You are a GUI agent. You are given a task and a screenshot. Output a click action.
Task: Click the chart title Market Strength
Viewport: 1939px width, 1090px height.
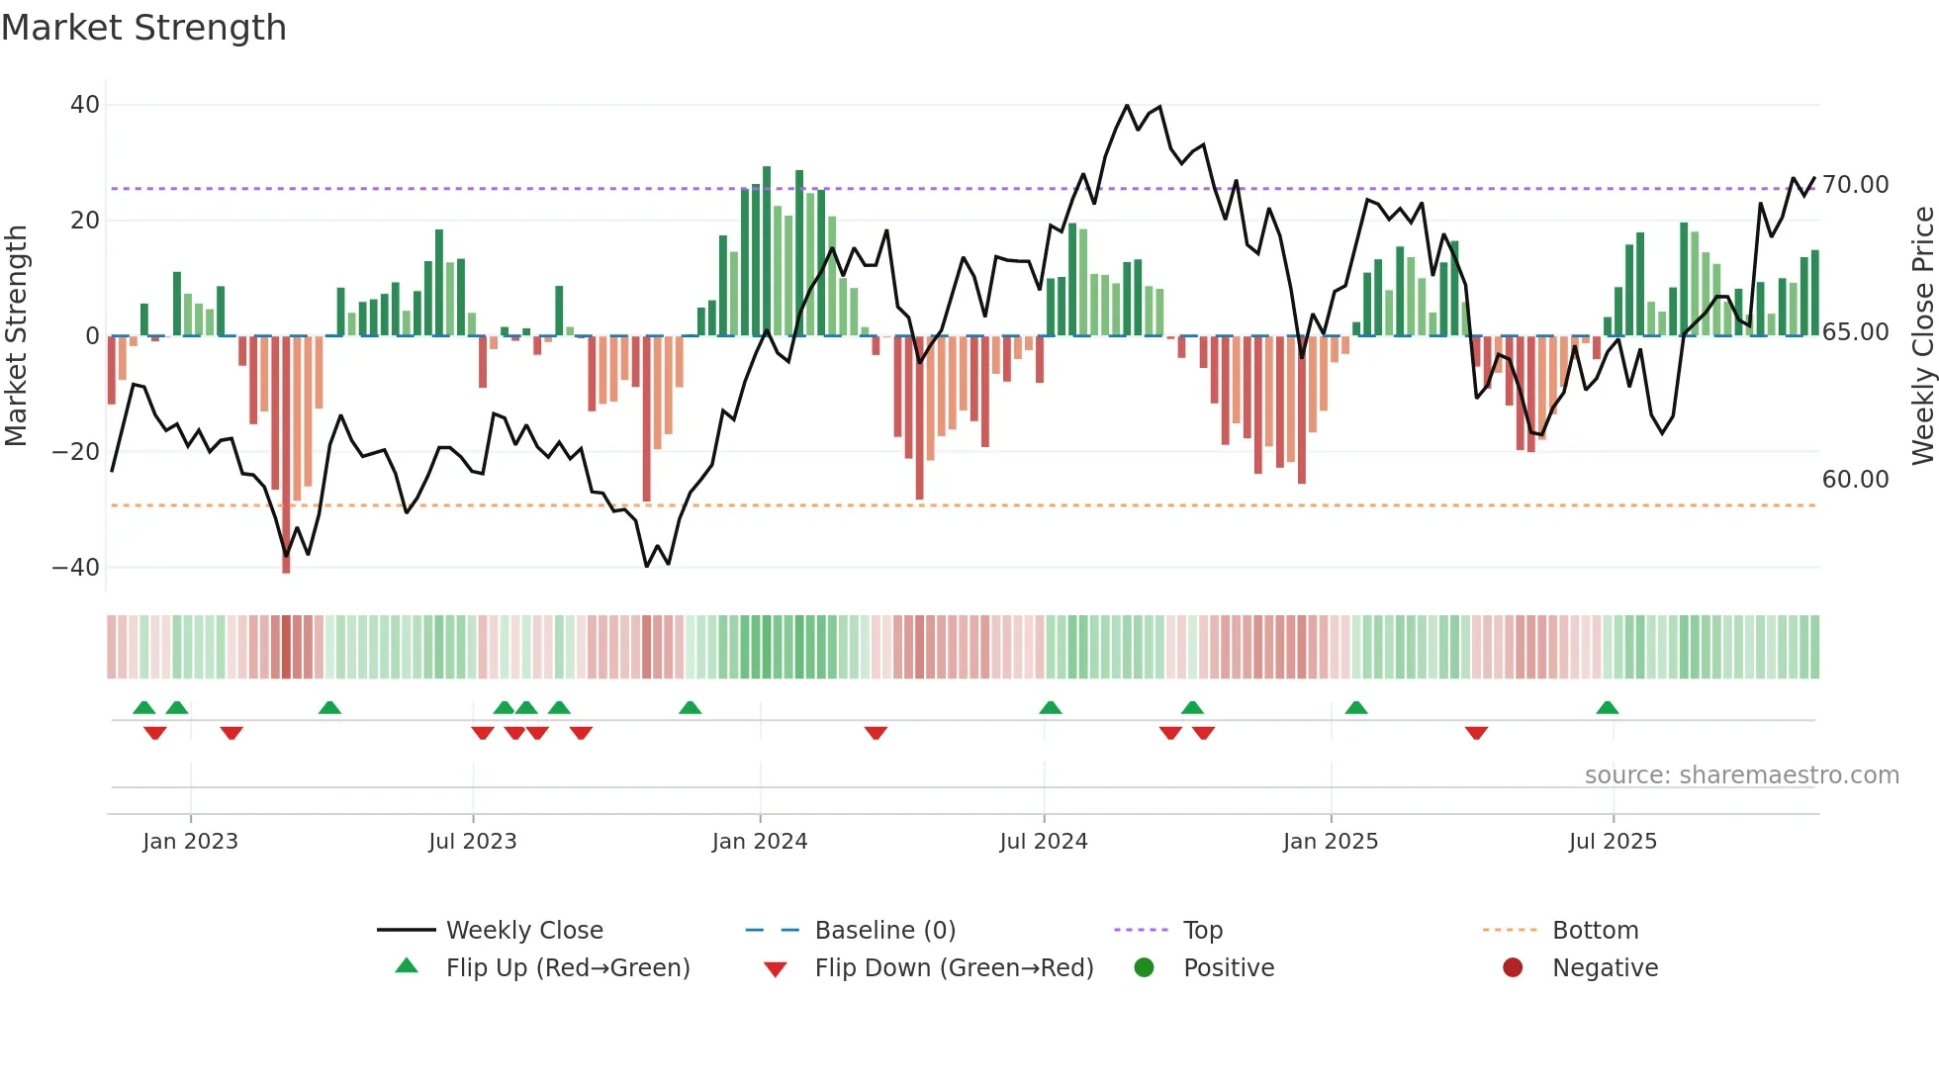[144, 28]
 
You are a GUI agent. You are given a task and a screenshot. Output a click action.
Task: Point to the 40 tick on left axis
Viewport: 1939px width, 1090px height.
[85, 105]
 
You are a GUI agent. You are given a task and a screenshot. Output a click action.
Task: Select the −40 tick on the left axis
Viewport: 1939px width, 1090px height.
[76, 568]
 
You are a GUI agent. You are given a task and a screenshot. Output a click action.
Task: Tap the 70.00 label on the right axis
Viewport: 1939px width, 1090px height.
[1856, 185]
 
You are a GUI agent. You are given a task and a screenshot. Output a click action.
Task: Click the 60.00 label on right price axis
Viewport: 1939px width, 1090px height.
[1856, 480]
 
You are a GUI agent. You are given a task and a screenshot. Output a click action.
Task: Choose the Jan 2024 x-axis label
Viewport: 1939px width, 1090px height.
[760, 842]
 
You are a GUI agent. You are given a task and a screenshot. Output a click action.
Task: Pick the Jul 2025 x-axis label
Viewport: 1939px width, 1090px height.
[1613, 842]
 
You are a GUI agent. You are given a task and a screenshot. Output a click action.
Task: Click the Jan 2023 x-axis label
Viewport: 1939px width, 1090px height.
[190, 842]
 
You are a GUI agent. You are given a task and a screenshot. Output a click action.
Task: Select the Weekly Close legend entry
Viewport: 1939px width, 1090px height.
[524, 931]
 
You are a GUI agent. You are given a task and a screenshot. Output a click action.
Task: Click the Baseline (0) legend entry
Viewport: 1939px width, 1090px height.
[884, 931]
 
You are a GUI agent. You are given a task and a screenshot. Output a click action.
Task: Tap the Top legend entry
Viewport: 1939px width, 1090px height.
[1203, 931]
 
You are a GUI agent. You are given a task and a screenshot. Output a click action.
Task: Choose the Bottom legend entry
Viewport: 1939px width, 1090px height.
[1595, 931]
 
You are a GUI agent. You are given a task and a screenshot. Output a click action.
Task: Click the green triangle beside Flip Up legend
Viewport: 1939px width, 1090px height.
[407, 966]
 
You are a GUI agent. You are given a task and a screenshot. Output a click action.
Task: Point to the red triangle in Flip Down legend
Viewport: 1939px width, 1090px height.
[776, 969]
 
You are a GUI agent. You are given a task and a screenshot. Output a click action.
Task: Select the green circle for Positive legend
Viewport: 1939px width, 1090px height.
[1145, 967]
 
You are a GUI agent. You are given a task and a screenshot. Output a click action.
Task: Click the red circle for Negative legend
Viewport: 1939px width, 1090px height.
[1513, 967]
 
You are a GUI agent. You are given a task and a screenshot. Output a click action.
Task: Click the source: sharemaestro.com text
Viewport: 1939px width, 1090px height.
[1741, 775]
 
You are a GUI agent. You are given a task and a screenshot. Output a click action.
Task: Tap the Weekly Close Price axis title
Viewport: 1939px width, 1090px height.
[1922, 336]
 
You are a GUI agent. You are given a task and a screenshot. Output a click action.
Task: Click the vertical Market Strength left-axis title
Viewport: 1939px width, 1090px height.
[16, 336]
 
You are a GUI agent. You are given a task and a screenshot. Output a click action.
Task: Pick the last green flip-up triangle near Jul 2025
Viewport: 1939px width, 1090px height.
[1607, 708]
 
